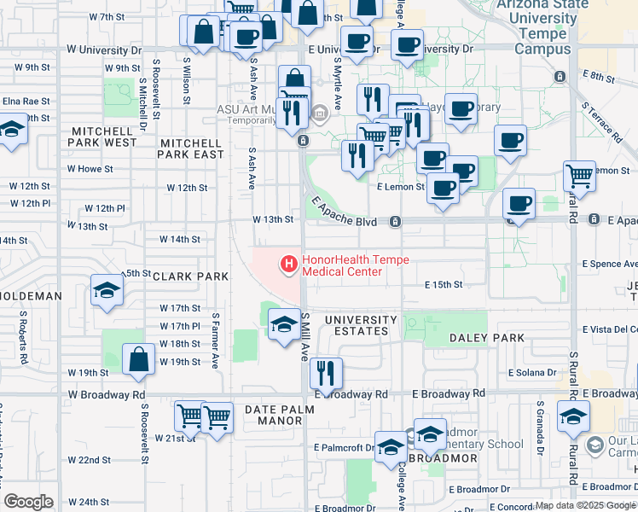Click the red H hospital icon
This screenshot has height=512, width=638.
click(289, 265)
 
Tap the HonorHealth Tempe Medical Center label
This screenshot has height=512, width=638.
click(356, 265)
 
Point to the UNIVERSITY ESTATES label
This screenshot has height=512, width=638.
click(361, 325)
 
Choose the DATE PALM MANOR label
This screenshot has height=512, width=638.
click(280, 416)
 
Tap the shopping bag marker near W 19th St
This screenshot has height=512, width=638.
click(138, 360)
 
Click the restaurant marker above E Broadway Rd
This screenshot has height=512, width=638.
click(326, 372)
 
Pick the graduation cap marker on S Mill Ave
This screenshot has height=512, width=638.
click(284, 324)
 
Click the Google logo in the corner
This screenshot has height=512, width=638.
click(28, 502)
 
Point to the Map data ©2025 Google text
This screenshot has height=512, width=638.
click(585, 505)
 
